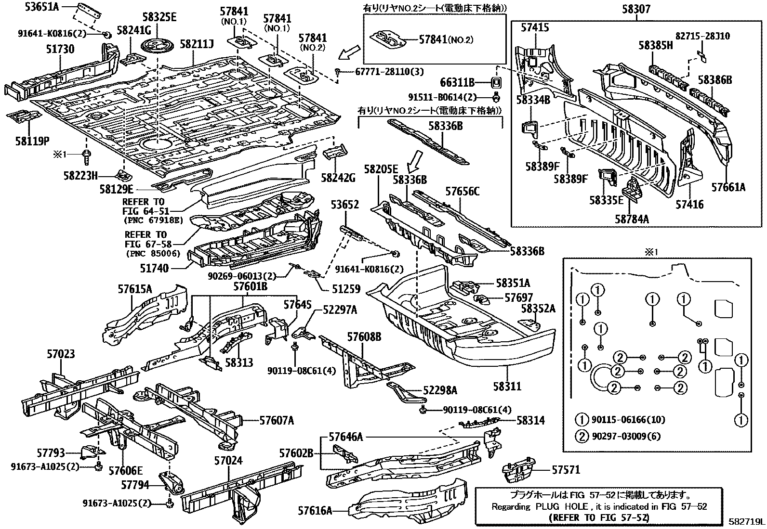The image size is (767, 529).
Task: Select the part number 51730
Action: (60, 50)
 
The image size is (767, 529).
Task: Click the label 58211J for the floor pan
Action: (197, 44)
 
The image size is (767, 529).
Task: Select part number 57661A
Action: (728, 187)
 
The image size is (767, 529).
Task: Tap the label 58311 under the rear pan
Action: (507, 386)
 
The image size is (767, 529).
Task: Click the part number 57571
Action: (566, 469)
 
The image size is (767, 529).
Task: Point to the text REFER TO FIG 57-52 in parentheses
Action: (599, 517)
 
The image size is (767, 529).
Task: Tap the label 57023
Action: (61, 354)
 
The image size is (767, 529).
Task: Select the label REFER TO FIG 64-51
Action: (143, 206)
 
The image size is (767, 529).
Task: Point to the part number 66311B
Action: (457, 82)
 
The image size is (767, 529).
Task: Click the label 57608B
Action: (364, 336)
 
